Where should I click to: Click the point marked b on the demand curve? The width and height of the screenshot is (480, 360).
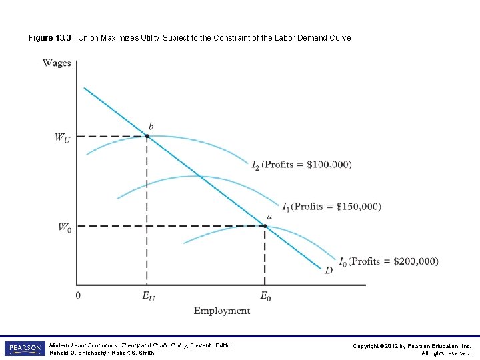(x=147, y=136)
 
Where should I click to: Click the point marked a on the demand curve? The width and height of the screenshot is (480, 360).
(x=265, y=226)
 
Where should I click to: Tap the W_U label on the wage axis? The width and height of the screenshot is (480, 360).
(x=63, y=138)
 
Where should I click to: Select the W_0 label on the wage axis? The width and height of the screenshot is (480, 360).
(x=63, y=227)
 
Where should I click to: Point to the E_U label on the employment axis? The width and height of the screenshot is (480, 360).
(x=149, y=295)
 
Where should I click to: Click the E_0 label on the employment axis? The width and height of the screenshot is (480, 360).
(x=265, y=295)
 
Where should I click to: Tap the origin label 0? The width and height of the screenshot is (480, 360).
(x=78, y=295)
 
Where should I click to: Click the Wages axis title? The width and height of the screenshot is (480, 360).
(x=57, y=63)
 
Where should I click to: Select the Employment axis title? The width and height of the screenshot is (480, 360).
(x=222, y=311)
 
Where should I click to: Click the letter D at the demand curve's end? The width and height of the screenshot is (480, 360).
(x=329, y=269)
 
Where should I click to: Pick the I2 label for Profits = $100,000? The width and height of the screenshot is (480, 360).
(x=257, y=165)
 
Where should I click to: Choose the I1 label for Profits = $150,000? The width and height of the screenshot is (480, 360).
(x=286, y=207)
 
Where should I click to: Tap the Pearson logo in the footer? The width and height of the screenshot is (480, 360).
(x=25, y=349)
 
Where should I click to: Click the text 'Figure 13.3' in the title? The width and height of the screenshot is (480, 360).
(x=50, y=38)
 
